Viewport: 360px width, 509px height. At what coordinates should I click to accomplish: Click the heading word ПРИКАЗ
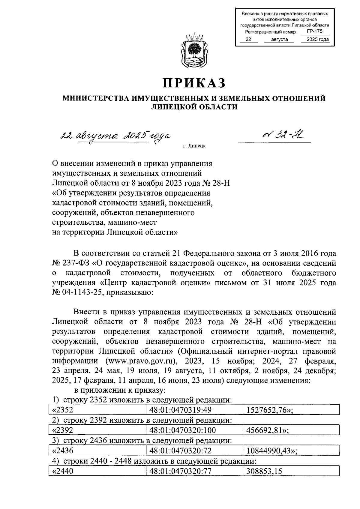click(194, 83)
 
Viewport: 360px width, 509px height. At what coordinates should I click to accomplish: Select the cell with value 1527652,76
click(269, 410)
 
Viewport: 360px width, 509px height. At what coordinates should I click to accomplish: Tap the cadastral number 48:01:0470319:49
click(179, 410)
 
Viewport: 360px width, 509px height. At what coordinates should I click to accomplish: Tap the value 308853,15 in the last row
click(264, 471)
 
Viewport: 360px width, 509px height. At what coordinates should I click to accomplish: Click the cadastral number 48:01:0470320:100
click(182, 430)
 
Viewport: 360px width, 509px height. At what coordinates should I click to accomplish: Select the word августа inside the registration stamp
click(279, 39)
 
